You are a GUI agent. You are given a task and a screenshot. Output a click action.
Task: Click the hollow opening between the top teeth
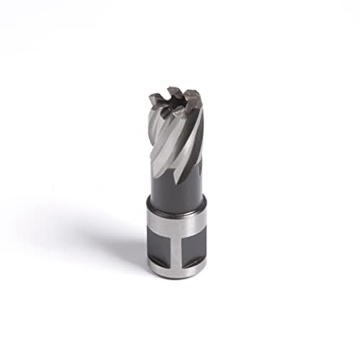point(180,101)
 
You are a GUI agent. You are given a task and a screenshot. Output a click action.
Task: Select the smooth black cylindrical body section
point(176,191)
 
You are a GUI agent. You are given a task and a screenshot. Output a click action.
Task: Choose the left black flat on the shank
point(160,248)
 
